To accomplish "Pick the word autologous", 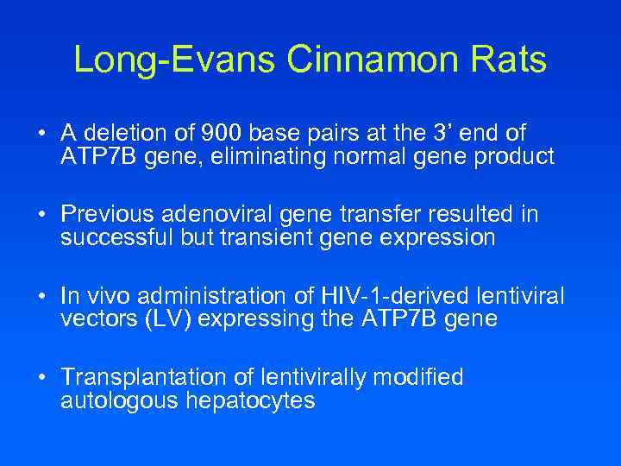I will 117,401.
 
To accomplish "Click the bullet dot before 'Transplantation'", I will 41,379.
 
